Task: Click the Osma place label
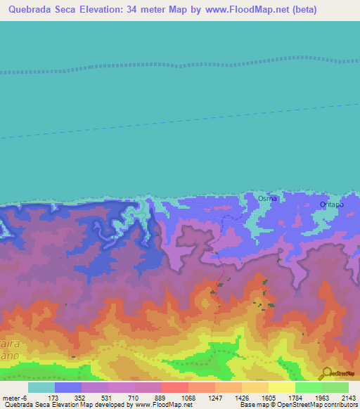[x=267, y=199]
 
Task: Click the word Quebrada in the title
[x=29, y=10]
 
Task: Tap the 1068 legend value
[x=188, y=398]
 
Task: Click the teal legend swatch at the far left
[x=41, y=387]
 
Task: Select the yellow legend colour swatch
[x=281, y=387]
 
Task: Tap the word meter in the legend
[x=13, y=398]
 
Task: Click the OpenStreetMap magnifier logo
[x=326, y=372]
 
